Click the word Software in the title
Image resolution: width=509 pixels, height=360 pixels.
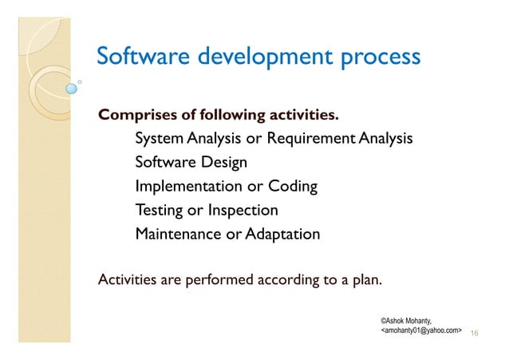coord(140,57)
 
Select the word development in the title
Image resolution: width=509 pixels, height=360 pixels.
coord(257,58)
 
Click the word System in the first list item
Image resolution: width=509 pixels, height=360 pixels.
coord(160,140)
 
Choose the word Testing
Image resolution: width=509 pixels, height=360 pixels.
coord(158,211)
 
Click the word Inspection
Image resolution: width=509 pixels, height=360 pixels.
coord(243,211)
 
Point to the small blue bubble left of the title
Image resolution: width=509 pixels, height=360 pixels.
coord(72,88)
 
